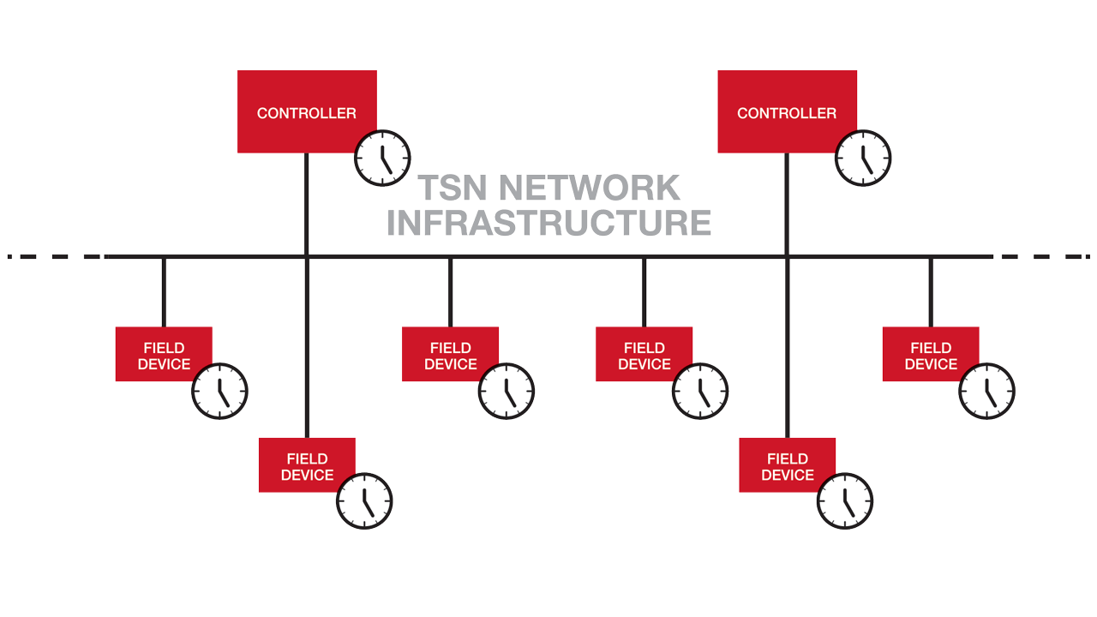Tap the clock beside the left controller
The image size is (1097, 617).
pos(383,158)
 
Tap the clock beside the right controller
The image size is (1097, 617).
pos(863,158)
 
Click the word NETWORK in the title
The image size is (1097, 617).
pos(589,188)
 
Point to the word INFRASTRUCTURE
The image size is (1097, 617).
pos(548,222)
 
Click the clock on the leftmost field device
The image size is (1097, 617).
pos(219,391)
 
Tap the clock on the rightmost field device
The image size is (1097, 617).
pos(986,391)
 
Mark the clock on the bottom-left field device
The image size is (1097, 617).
pos(364,500)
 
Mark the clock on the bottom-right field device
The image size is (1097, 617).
pos(844,500)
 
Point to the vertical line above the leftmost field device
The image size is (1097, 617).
pos(164,291)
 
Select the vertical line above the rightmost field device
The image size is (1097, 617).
pos(931,291)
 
